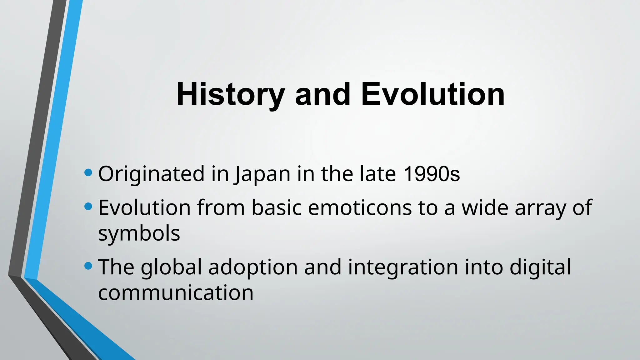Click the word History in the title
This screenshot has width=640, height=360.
230,94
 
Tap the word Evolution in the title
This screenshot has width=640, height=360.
433,94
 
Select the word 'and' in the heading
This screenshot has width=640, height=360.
322,94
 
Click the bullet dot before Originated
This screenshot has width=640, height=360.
88,172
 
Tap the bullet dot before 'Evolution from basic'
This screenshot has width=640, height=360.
88,206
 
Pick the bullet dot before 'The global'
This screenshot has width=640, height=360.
88,266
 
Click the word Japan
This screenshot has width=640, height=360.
262,174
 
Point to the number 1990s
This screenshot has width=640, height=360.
432,174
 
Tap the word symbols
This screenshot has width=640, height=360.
139,234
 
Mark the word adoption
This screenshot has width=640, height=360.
253,267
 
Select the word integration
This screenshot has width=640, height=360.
403,267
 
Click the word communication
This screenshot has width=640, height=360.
176,293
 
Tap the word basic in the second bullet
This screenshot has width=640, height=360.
277,207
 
